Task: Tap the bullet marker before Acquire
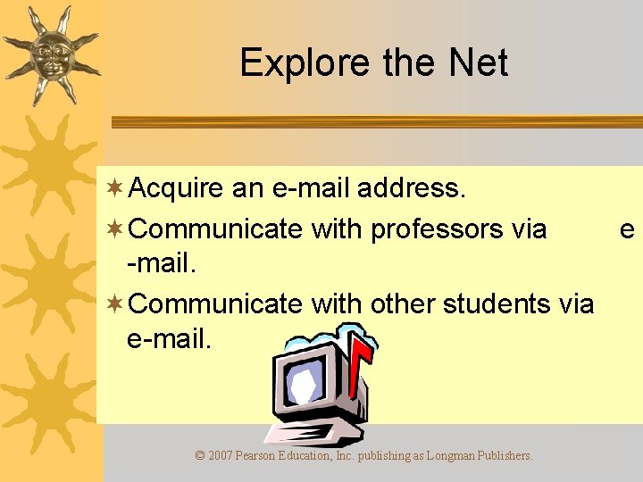[113, 188]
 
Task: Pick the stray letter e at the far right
[627, 229]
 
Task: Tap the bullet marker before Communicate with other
[113, 303]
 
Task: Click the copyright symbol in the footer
[200, 455]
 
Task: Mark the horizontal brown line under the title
[375, 121]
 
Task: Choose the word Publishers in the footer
[505, 455]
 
